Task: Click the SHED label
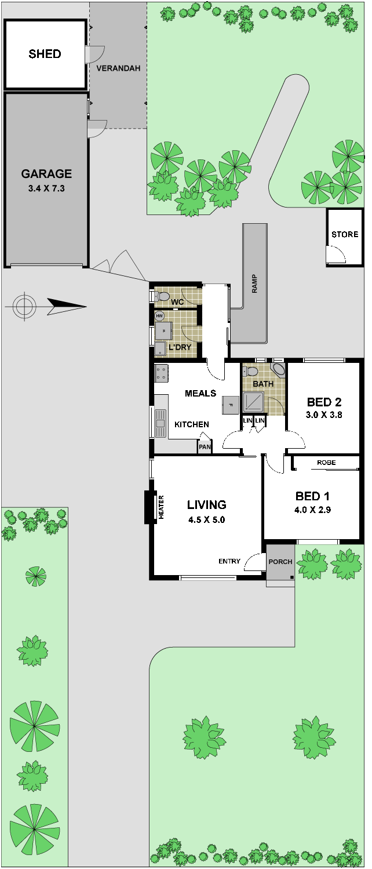click(x=45, y=53)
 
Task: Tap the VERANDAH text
click(x=118, y=68)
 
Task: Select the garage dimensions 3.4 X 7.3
click(x=46, y=188)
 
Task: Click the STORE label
click(x=345, y=234)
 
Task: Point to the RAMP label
click(x=254, y=283)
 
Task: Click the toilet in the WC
click(x=162, y=297)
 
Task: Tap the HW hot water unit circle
click(x=159, y=316)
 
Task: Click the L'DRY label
click(x=180, y=347)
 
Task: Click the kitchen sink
click(x=160, y=423)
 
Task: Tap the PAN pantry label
click(x=205, y=447)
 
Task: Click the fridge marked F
click(x=230, y=406)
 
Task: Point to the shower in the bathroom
click(x=253, y=402)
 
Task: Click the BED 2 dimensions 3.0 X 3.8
click(x=324, y=414)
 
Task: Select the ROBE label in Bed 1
click(x=326, y=463)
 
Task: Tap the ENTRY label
click(x=229, y=561)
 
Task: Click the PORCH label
click(x=280, y=562)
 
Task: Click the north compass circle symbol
click(x=24, y=307)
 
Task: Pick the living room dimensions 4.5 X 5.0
click(x=207, y=520)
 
